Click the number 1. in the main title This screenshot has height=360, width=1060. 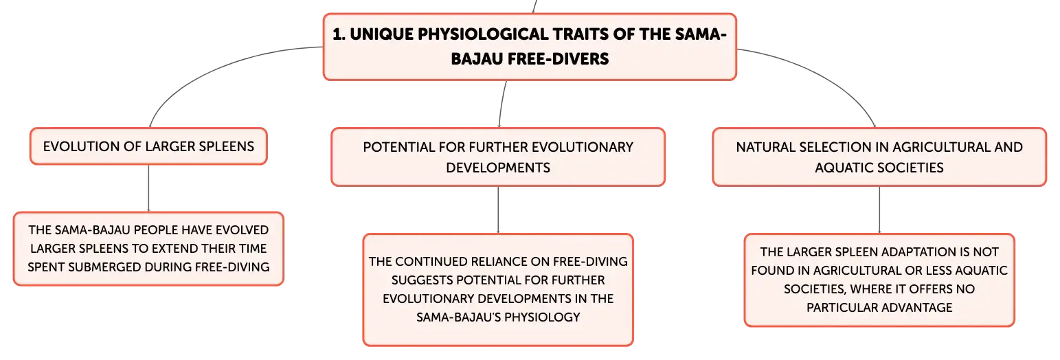coord(339,34)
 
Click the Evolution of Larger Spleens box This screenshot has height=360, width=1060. coord(148,146)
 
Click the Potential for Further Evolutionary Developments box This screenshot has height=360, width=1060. coord(498,157)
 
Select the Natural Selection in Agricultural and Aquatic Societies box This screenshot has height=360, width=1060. coord(879,157)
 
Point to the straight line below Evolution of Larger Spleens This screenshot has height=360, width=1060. coord(148,188)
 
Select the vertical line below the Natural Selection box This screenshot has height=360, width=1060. coord(879,210)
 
